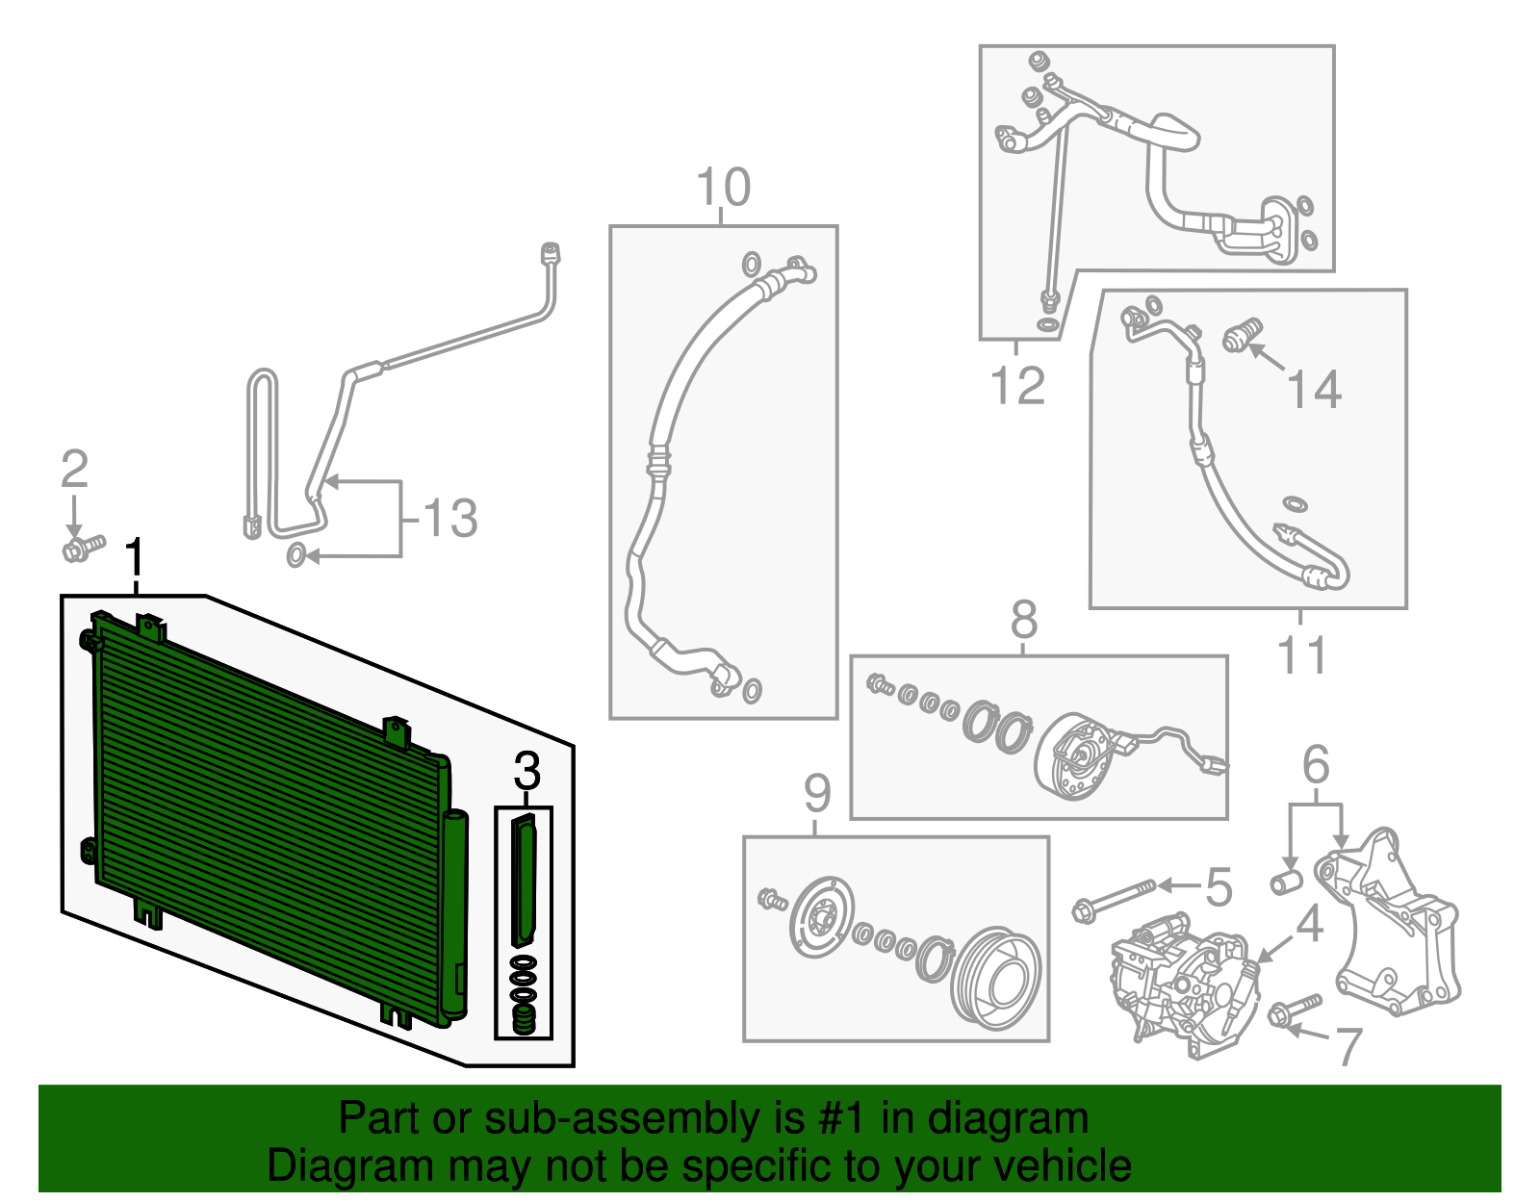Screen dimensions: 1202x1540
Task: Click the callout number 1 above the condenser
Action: [x=136, y=559]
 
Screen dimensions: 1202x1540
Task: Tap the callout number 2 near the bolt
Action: [x=74, y=469]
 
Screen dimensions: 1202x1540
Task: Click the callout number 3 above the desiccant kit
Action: [x=526, y=771]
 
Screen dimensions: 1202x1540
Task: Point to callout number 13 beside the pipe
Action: [x=449, y=518]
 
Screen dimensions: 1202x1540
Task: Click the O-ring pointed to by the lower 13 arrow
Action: [x=297, y=555]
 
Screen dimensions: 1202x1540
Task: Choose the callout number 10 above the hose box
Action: [x=723, y=188]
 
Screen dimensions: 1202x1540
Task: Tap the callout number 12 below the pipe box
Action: [x=1017, y=386]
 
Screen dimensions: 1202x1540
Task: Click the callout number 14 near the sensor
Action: [x=1314, y=390]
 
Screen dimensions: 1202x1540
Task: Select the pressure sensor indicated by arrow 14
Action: [x=1242, y=335]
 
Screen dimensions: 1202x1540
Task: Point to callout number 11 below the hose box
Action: [x=1302, y=655]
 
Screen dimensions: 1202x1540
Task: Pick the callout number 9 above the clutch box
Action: [x=816, y=794]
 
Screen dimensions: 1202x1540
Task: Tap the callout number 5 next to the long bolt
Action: [x=1219, y=886]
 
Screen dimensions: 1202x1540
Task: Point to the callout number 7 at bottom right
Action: [x=1349, y=1046]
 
